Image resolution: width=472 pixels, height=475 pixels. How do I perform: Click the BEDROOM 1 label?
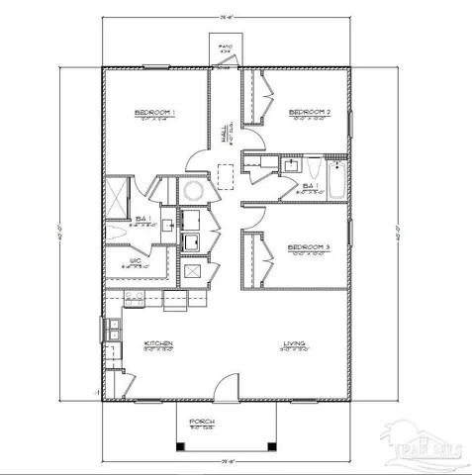(155, 113)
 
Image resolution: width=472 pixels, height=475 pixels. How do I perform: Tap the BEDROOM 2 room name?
(309, 113)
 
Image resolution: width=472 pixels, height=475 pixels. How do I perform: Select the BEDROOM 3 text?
(309, 246)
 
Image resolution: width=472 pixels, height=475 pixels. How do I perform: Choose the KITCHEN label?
(158, 345)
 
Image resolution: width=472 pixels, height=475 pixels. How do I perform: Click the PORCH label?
(202, 421)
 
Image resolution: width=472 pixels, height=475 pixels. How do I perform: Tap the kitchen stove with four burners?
(134, 296)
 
